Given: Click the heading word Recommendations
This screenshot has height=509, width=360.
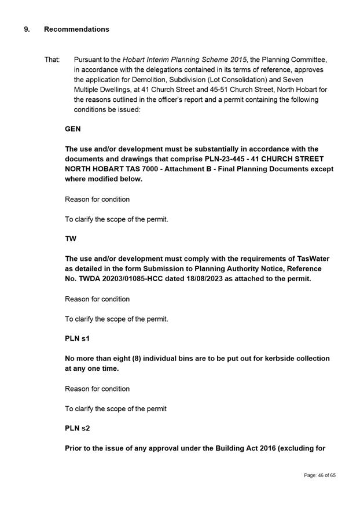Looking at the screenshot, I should point(76,29).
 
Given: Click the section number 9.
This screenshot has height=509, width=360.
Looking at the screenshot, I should point(27,29).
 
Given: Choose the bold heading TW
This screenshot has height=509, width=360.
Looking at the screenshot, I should point(71,239).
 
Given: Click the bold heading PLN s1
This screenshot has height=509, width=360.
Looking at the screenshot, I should point(76,338).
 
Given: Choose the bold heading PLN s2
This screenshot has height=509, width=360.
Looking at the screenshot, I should point(76,428).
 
